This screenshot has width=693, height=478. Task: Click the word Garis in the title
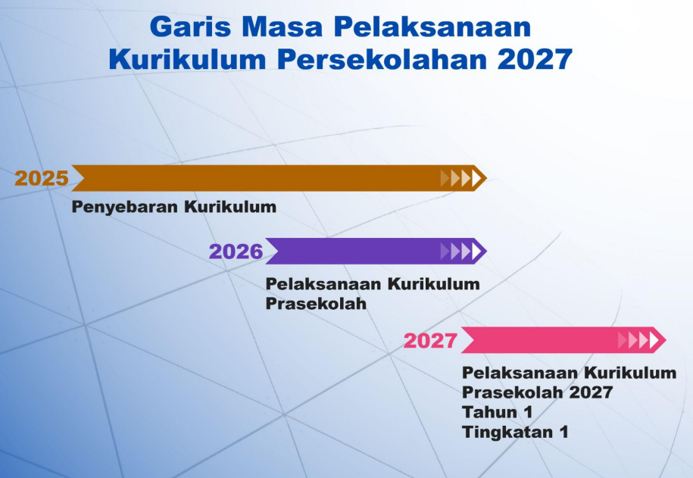pyautogui.click(x=191, y=27)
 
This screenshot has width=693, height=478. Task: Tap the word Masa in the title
pyautogui.click(x=283, y=27)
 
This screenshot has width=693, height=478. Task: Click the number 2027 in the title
pyautogui.click(x=535, y=59)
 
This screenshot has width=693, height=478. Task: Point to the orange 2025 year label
pyautogui.click(x=42, y=178)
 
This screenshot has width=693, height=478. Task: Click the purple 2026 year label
pyautogui.click(x=236, y=251)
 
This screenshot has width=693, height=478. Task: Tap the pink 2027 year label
pyautogui.click(x=430, y=340)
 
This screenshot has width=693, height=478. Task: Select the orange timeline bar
pyautogui.click(x=279, y=178)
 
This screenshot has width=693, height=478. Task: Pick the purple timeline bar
pyautogui.click(x=376, y=251)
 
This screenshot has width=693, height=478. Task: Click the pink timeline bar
pyautogui.click(x=563, y=340)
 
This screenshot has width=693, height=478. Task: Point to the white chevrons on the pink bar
pyautogui.click(x=638, y=340)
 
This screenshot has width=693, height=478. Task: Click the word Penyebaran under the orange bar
pyautogui.click(x=125, y=207)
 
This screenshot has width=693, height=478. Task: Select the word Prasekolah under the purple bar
pyautogui.click(x=316, y=304)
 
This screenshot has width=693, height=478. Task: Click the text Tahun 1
pyautogui.click(x=497, y=412)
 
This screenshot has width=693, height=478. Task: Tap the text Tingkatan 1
pyautogui.click(x=515, y=432)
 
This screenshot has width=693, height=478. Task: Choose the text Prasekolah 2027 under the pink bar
pyautogui.click(x=538, y=392)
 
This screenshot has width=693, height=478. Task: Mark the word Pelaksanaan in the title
pyautogui.click(x=432, y=27)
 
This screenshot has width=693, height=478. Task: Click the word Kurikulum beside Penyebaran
pyautogui.click(x=230, y=207)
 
